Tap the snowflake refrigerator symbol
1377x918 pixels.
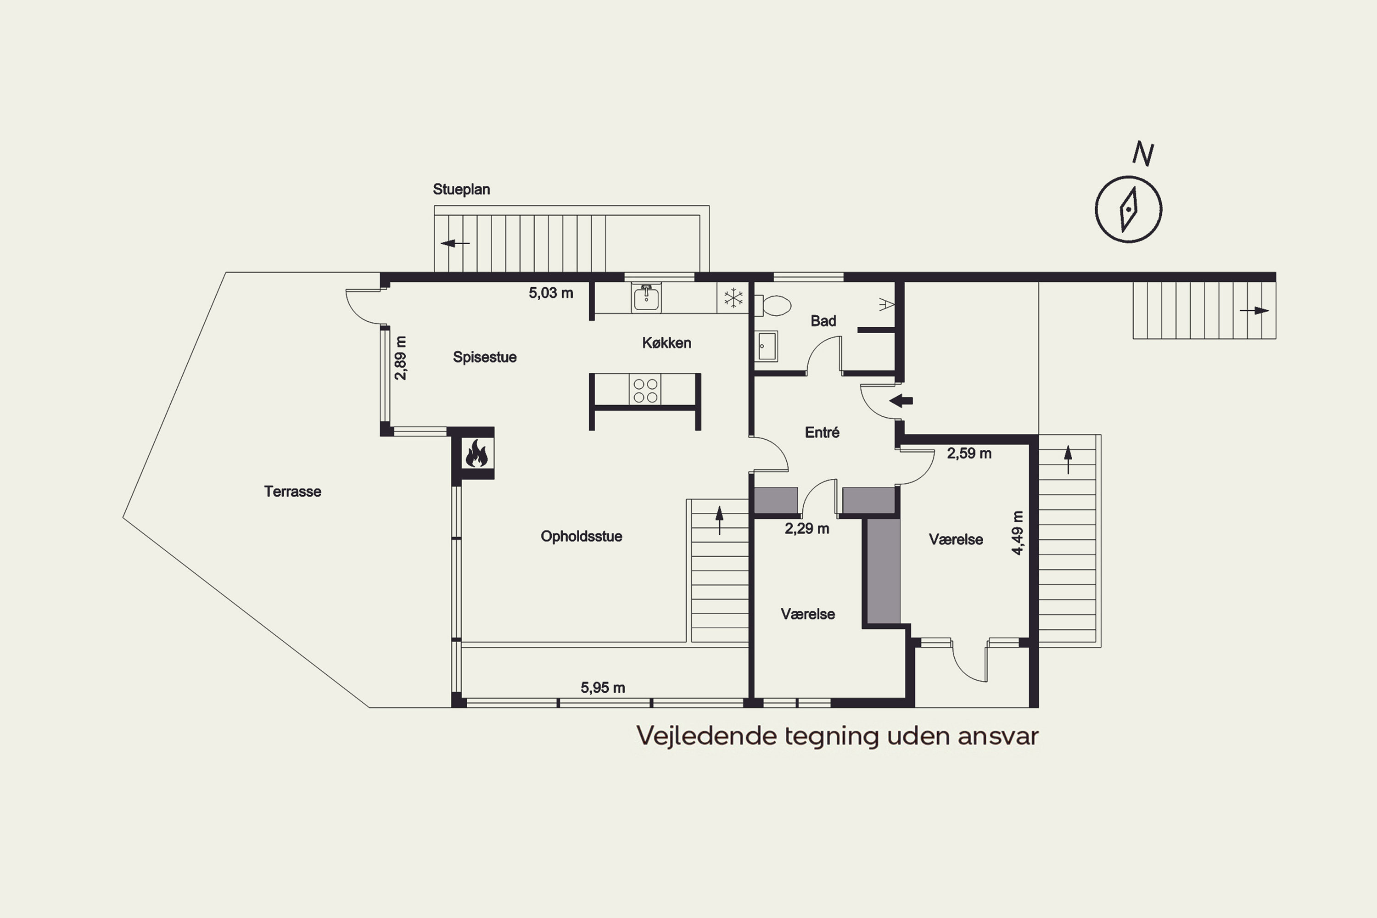(733, 298)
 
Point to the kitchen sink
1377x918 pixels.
(646, 297)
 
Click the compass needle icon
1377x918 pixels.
(1128, 209)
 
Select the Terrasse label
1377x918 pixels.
(293, 491)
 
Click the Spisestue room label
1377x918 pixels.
(485, 357)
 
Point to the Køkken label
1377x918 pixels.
(667, 342)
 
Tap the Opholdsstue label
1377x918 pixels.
(582, 536)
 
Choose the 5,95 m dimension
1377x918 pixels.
(603, 688)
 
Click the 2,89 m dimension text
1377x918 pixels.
(401, 358)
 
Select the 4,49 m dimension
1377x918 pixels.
(1018, 533)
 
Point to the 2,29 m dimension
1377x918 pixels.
(807, 529)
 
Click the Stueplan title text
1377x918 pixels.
(461, 189)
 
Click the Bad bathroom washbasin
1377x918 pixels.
(767, 346)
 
